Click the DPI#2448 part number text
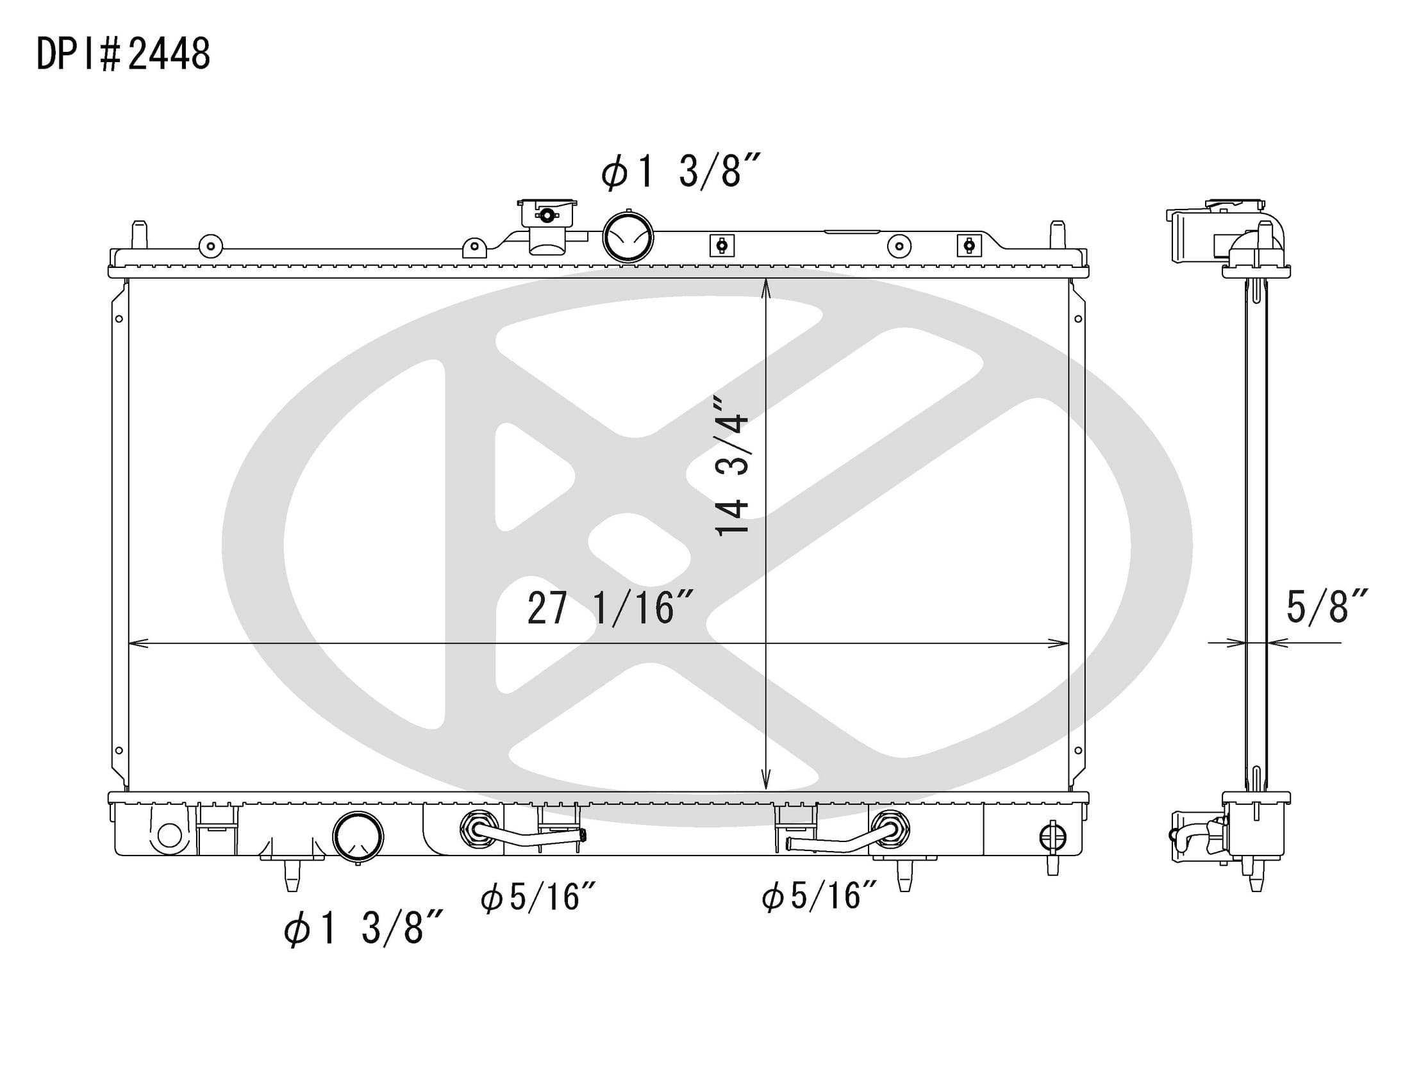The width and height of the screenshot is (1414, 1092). pos(123,54)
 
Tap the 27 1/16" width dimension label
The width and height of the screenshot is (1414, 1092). pos(610,608)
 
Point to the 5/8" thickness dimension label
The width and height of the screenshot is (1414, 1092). pos(1327,606)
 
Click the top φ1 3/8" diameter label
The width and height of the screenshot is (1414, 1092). pos(680,172)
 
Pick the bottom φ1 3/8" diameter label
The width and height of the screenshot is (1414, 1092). pos(363,927)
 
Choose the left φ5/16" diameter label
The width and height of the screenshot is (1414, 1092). pos(537,897)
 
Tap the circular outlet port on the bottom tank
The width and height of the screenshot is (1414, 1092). pos(358,837)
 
